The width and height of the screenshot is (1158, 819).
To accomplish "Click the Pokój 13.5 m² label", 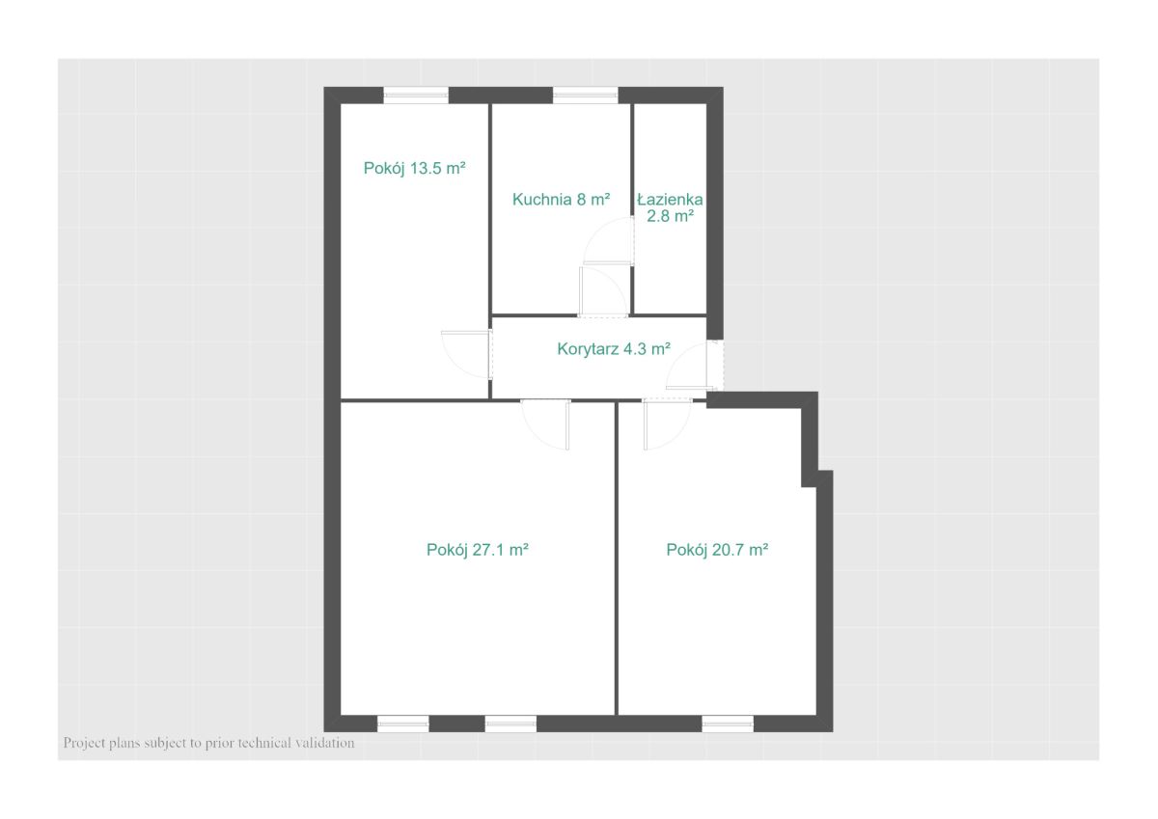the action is [x=415, y=168].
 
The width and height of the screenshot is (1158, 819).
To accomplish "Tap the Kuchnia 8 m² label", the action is [x=561, y=199].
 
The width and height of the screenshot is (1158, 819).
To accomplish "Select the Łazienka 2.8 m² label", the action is [x=670, y=207].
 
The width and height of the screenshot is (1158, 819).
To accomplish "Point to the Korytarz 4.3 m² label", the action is [x=614, y=349].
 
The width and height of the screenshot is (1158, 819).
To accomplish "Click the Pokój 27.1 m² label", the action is [x=477, y=549].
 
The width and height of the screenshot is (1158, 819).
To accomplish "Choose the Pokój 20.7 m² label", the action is [x=717, y=549].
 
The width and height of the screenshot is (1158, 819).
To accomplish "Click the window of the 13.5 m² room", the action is [x=416, y=96].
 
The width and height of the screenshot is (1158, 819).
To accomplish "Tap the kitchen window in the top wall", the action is [x=586, y=96].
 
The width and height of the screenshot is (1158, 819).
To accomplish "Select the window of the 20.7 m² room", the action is [x=728, y=723].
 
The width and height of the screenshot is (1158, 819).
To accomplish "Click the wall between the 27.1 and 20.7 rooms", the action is [x=617, y=558].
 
